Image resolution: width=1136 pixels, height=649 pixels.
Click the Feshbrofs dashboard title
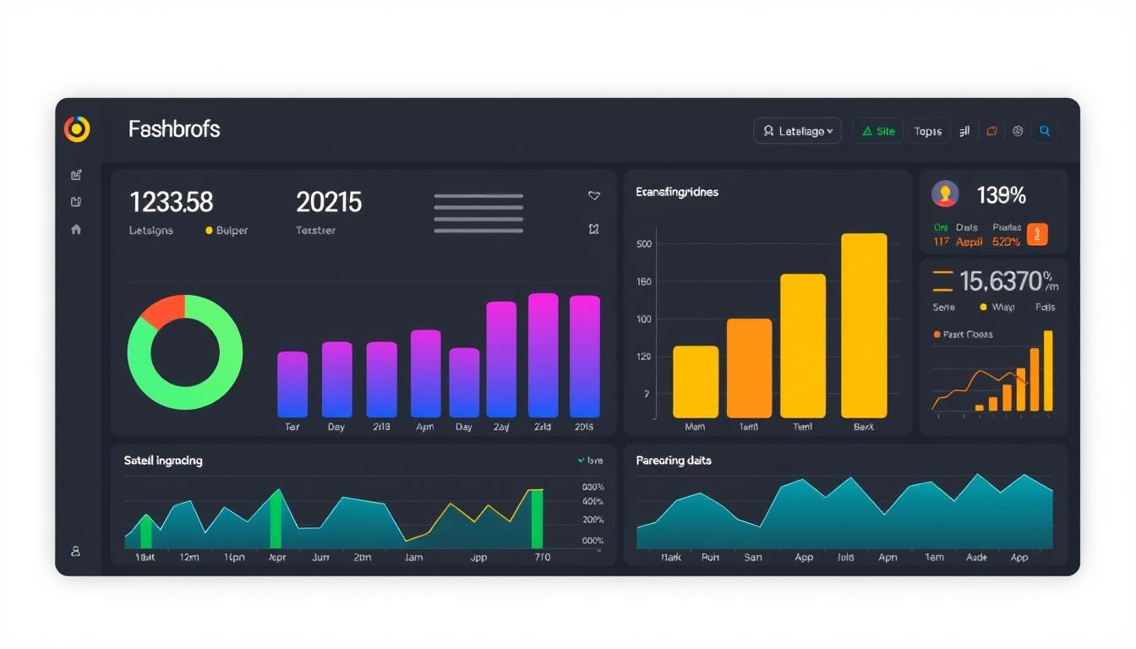(x=174, y=129)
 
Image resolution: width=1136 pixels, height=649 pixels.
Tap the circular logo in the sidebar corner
(x=77, y=128)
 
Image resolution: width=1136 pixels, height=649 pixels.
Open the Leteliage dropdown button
(x=797, y=131)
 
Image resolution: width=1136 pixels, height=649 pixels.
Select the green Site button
(x=878, y=131)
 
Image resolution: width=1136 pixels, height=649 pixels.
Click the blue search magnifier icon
(x=1045, y=131)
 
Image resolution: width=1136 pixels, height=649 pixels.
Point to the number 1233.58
(x=171, y=202)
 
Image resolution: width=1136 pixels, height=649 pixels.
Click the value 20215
(x=329, y=202)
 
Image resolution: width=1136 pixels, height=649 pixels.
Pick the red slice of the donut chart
(x=161, y=311)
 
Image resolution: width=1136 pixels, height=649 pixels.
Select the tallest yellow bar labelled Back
(x=864, y=325)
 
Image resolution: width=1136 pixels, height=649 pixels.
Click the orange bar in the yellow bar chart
(x=749, y=368)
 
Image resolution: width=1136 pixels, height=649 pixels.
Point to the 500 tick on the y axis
(x=643, y=244)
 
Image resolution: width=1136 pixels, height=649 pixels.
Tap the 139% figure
(x=1001, y=195)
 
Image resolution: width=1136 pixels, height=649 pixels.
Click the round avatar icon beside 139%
(x=945, y=194)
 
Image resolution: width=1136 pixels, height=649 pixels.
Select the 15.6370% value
(x=1006, y=281)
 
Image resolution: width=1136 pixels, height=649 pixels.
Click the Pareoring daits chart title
(x=674, y=461)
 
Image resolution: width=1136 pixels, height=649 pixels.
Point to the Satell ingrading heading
(x=163, y=461)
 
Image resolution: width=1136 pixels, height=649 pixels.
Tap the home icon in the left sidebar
(x=76, y=229)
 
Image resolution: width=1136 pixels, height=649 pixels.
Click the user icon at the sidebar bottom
(x=75, y=551)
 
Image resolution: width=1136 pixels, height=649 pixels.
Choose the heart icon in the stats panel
(x=594, y=195)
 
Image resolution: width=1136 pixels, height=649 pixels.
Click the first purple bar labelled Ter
(x=292, y=384)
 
